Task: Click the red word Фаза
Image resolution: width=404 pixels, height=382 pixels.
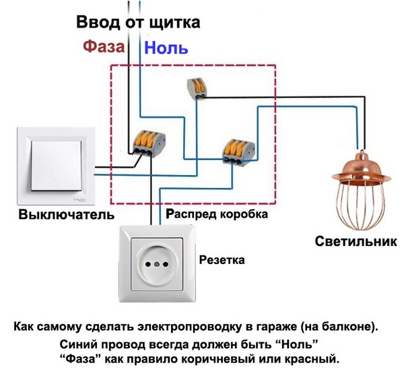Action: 104,47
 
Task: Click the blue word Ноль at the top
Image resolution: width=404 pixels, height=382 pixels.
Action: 166,49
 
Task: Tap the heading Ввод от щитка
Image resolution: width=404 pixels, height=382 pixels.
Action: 138,22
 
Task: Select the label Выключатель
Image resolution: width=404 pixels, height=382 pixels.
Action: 57,216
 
